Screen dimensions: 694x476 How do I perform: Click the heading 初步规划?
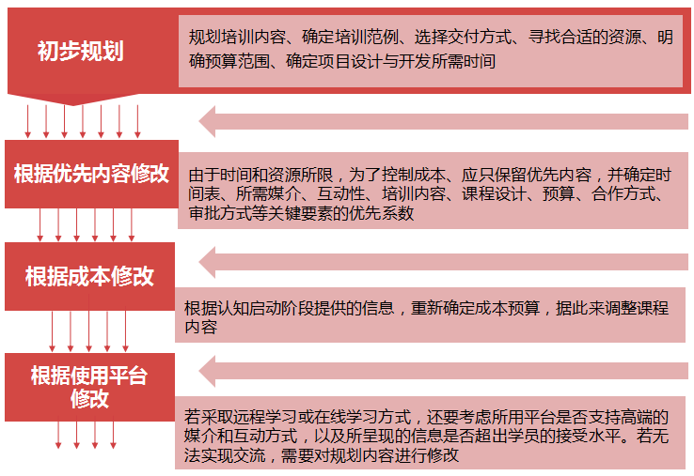pos(80,51)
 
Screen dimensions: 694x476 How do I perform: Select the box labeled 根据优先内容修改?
pos(91,174)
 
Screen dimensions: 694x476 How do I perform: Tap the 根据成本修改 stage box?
pos(90,276)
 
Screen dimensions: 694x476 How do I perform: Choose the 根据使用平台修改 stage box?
pos(90,387)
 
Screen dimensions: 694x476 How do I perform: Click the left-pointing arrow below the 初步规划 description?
pos(443,121)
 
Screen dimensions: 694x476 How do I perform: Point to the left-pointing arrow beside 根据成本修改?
pos(443,262)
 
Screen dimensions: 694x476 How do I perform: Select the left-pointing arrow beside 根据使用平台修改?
pos(443,371)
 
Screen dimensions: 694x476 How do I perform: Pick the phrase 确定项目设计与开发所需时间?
pos(390,61)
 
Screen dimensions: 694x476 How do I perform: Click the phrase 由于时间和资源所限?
pos(260,175)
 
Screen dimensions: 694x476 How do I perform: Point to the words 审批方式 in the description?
pos(220,213)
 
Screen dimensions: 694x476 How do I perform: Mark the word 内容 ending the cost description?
pos(200,327)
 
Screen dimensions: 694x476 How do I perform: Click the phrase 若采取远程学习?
pos(241,417)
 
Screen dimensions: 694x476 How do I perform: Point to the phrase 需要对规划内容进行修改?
pos(370,454)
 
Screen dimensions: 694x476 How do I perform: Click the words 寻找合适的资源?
pos(584,37)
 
